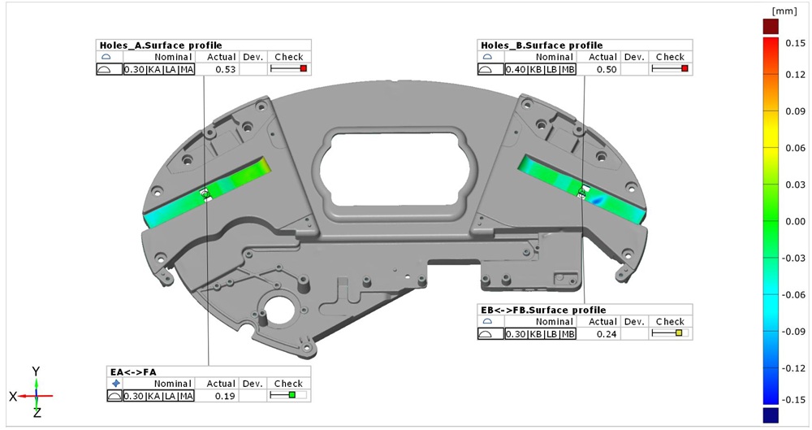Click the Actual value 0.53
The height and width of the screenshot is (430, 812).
coord(225,70)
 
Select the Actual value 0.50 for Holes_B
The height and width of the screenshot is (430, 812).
coord(607,70)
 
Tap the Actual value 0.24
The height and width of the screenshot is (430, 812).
coord(607,334)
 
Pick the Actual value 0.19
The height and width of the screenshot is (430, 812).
coord(225,397)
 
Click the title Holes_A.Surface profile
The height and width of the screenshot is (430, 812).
coord(161,46)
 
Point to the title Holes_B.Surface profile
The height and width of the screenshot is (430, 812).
coord(542,46)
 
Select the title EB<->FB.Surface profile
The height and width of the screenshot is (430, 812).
coord(543,311)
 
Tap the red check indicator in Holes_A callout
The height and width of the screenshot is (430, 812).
coord(304,68)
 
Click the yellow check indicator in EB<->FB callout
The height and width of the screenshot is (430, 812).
coord(679,333)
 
